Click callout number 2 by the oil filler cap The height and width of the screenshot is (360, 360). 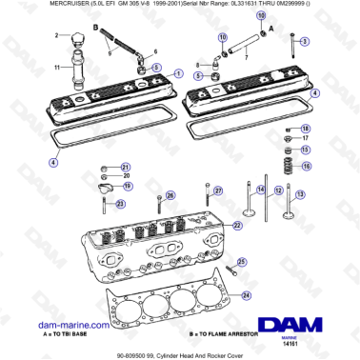tap(56, 36)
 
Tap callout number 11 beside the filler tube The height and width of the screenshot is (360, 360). tap(56, 67)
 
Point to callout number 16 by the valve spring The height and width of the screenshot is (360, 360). tap(306, 166)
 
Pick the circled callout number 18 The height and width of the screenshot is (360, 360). tap(306, 129)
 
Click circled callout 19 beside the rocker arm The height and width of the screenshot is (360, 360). tap(128, 187)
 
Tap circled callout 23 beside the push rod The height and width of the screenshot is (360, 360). tap(120, 203)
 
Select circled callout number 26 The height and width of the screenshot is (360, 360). tap(170, 196)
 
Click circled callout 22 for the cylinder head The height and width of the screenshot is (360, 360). tap(239, 226)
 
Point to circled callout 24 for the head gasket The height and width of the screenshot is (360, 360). tap(247, 296)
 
